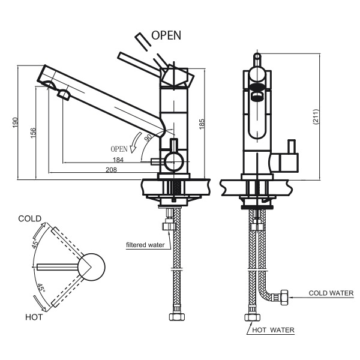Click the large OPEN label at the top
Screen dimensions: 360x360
tap(166, 35)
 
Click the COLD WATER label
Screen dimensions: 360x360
tap(331, 293)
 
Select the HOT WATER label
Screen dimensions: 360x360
tap(273, 330)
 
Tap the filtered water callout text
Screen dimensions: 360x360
tap(145, 245)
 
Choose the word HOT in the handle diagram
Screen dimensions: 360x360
tap(34, 317)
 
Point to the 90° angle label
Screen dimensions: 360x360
tap(148, 139)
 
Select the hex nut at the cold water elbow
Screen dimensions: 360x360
tap(283, 295)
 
